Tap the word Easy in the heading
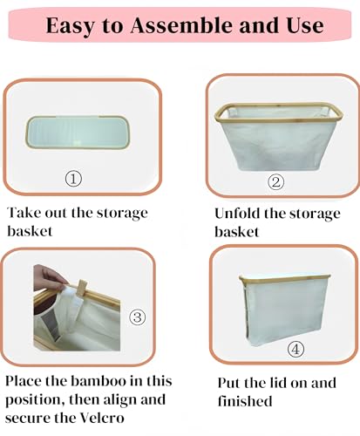[71, 27]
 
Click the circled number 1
[74, 179]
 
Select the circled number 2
[276, 182]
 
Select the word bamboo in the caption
[105, 381]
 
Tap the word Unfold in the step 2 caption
[238, 213]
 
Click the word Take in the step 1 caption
[24, 213]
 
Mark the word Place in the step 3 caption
[26, 381]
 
